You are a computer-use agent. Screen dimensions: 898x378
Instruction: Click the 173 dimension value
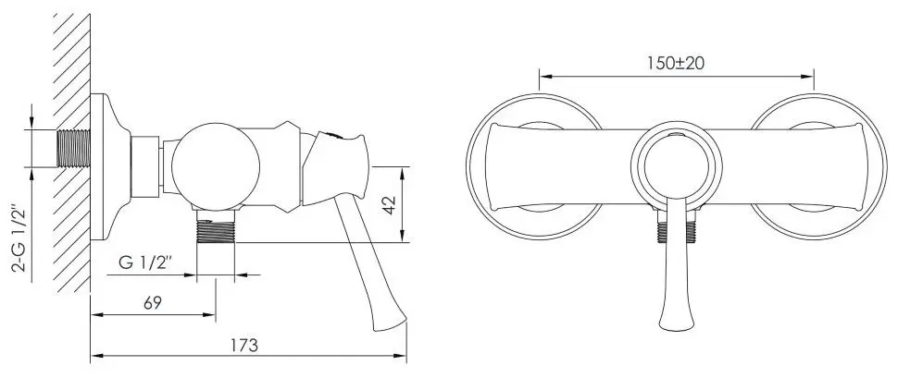click(x=244, y=346)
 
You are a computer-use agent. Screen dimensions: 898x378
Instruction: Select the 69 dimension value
click(x=153, y=303)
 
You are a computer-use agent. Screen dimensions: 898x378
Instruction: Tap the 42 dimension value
click(x=390, y=205)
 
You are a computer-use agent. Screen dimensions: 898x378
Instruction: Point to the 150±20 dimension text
click(x=676, y=64)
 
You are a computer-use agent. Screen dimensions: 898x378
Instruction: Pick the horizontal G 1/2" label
click(x=145, y=263)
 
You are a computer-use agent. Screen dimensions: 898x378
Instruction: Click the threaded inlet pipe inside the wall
click(x=74, y=149)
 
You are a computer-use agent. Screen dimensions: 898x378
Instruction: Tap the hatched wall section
click(x=72, y=152)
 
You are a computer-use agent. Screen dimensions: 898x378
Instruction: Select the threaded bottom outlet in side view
click(x=216, y=226)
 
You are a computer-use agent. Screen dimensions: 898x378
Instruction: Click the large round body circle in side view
click(x=216, y=166)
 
